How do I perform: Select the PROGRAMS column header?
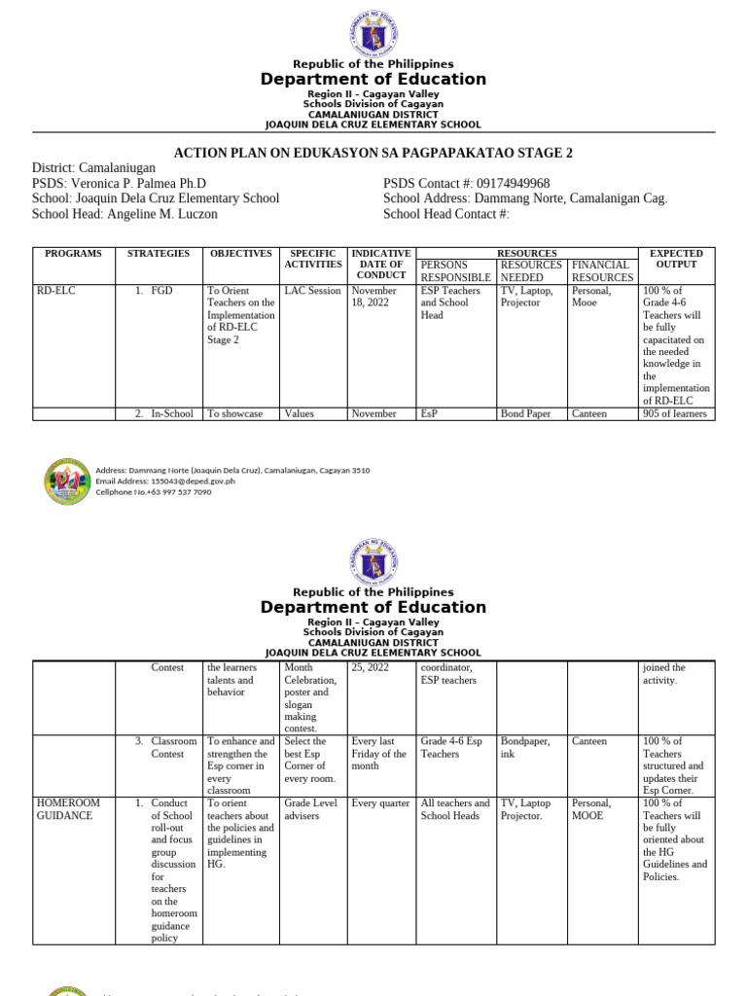[73, 254]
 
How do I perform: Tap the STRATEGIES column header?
[159, 254]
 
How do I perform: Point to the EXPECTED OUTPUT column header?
[676, 259]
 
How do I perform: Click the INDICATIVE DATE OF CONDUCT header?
[380, 264]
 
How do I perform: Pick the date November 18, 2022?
[373, 297]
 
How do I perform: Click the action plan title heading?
[373, 153]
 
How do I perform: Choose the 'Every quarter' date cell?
[380, 803]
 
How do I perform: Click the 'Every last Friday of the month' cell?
[379, 754]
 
